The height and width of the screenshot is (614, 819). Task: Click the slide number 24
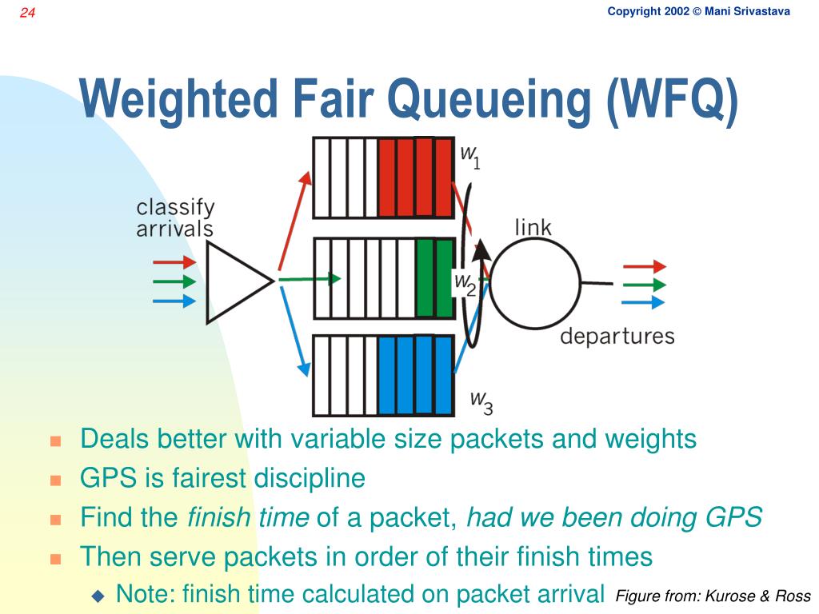tap(28, 13)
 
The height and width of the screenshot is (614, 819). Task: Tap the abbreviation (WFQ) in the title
tap(672, 101)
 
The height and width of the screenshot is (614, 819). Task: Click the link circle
tap(534, 283)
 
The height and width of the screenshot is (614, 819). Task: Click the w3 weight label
tap(481, 401)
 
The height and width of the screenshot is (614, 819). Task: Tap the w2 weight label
tap(465, 283)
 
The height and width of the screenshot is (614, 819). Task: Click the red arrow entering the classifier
tap(174, 261)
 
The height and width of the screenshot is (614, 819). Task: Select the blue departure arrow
tap(643, 302)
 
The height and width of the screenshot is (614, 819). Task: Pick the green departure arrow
tap(643, 285)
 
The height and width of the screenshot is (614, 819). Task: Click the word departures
tap(617, 336)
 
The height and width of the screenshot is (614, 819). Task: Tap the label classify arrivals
tap(175, 218)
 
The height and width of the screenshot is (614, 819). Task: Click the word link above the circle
tap(533, 227)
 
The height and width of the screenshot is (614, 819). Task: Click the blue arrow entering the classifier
tap(174, 301)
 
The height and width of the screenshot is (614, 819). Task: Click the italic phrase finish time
tap(248, 517)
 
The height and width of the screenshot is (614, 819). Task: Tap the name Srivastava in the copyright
tap(747, 11)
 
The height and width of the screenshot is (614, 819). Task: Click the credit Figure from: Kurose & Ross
tap(713, 596)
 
